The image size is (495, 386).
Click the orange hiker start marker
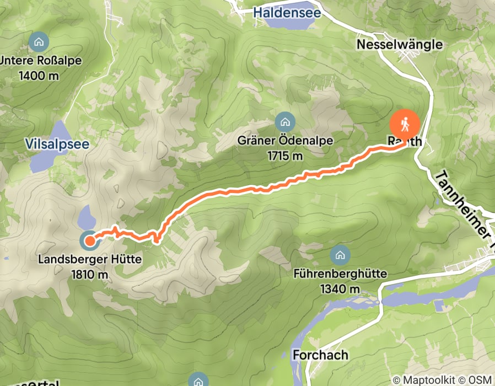[x=405, y=124]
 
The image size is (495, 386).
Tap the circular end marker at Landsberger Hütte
[x=89, y=240]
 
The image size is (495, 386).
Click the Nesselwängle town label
[x=400, y=44]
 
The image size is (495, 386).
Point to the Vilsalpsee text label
[x=57, y=144]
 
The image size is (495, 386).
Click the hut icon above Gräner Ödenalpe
[x=285, y=121]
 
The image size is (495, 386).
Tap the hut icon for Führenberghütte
[x=340, y=255]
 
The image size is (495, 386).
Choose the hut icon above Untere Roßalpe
[x=39, y=41]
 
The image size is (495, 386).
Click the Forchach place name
[x=320, y=354]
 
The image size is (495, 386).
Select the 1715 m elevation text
[x=285, y=156]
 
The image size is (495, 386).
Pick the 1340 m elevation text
[x=340, y=288]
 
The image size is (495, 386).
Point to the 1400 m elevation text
[x=39, y=76]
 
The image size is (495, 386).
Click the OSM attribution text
[x=480, y=379]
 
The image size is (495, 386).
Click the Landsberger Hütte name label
[x=90, y=259]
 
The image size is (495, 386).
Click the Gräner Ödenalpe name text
[x=285, y=141]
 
